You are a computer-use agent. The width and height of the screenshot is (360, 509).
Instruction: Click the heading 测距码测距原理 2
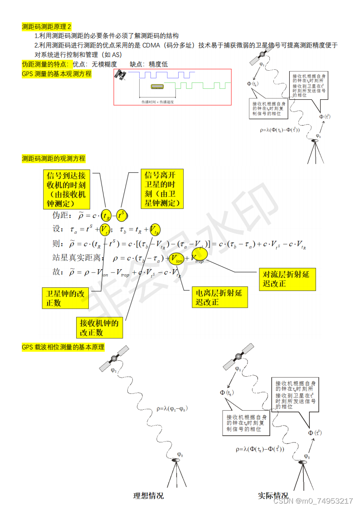click(47, 27)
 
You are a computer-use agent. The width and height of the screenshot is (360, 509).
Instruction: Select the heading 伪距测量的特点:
click(46, 64)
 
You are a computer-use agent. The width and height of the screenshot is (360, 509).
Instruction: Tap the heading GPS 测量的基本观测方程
click(57, 74)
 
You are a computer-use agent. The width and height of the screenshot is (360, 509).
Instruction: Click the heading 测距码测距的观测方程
click(54, 159)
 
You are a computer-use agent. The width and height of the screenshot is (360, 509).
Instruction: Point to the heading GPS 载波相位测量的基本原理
click(63, 347)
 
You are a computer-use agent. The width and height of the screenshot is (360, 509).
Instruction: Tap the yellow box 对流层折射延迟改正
click(287, 279)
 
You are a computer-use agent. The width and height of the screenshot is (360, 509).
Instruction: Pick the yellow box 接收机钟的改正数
click(99, 327)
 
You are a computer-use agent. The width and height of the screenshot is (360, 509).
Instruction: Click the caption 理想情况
click(148, 496)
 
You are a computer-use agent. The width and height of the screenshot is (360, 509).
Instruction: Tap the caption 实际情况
click(273, 496)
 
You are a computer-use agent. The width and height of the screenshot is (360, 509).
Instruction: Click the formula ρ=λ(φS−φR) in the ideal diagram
click(172, 408)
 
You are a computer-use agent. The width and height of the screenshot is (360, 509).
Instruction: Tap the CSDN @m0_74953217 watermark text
click(313, 501)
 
